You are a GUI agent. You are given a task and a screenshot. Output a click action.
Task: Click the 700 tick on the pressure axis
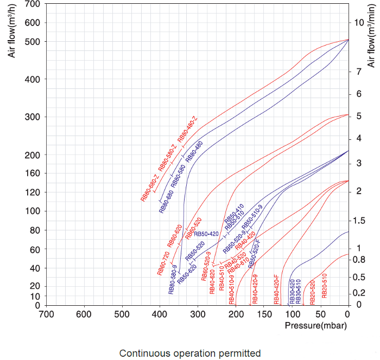click(x=46, y=313)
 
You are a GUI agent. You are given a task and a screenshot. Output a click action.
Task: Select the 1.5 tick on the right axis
click(x=359, y=221)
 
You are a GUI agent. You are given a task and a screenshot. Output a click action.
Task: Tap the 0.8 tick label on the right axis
click(x=359, y=260)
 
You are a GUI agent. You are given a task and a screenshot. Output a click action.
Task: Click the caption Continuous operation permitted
click(x=190, y=353)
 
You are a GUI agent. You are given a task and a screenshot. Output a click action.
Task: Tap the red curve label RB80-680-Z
click(x=150, y=188)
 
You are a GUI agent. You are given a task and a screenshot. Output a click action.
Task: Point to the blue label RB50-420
click(x=206, y=234)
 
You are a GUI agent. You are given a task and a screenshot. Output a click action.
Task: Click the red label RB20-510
click(x=325, y=286)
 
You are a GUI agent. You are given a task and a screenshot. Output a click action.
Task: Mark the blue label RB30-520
click(x=292, y=292)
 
